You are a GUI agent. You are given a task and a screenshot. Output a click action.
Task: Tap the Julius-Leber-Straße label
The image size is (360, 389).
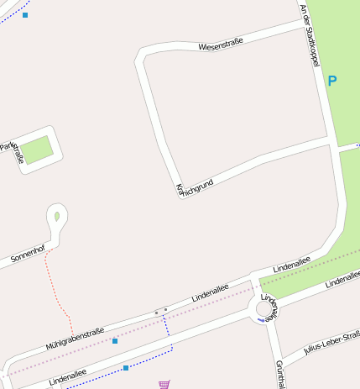click(331, 344)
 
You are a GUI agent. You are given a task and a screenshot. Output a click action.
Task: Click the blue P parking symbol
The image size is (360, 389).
click(332, 81)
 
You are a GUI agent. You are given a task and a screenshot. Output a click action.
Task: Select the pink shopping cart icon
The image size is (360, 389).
click(163, 384)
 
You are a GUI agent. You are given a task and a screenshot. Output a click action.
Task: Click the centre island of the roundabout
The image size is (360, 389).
click(263, 310)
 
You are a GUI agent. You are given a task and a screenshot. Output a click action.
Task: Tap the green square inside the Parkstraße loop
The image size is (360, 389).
click(37, 150)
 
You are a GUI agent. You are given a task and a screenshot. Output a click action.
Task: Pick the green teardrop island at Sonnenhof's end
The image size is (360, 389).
click(57, 216)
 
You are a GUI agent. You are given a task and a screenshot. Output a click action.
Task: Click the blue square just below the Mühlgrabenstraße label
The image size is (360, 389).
click(115, 341)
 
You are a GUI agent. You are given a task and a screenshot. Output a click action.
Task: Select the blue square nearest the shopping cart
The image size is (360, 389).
click(126, 368)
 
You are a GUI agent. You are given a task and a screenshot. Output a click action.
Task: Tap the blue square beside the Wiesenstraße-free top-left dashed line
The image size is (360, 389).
click(25, 15)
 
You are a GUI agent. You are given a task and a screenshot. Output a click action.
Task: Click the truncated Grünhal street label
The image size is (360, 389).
click(279, 374)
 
